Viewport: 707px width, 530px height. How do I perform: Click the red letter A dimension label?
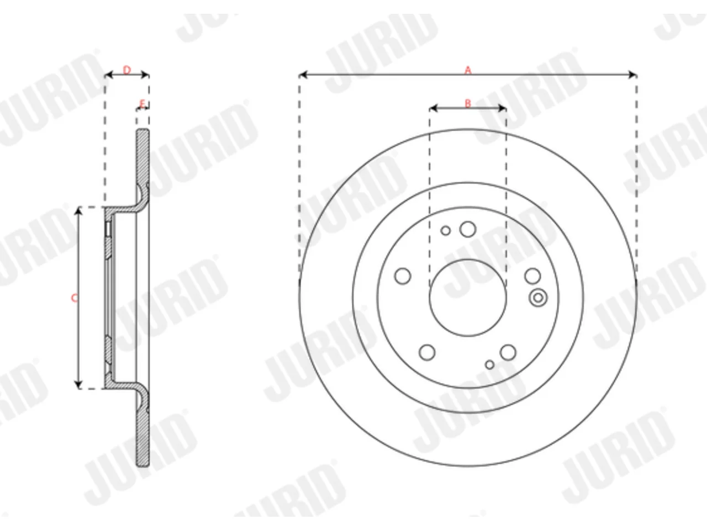coord(468,70)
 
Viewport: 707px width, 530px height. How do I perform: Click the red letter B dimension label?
coord(468,103)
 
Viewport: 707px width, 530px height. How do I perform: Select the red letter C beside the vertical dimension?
coord(74,298)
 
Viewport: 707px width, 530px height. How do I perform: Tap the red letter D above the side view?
coord(127,70)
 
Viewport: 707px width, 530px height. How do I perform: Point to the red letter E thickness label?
coord(143,104)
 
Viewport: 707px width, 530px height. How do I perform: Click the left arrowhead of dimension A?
coord(303,75)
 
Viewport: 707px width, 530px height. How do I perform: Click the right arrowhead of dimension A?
coord(632,75)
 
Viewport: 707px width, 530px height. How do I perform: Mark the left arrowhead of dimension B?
coord(433,108)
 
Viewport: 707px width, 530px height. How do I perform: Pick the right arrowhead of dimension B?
coord(502,108)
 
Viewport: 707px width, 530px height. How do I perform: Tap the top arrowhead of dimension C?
coord(78,211)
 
